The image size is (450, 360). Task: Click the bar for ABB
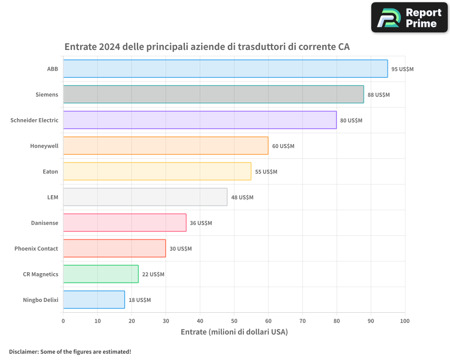(225, 69)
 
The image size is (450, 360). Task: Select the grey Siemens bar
(213, 94)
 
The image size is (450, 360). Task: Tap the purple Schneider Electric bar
(200, 120)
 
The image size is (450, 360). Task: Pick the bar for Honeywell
(166, 146)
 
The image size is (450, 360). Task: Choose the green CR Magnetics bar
(101, 274)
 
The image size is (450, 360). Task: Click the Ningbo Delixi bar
(94, 300)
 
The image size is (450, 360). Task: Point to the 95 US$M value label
(402, 69)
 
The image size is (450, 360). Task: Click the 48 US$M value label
(242, 198)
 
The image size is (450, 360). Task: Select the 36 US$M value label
(201, 223)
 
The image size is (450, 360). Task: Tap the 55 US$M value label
(266, 172)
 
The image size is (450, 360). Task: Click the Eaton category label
(50, 171)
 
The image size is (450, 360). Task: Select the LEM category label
(53, 197)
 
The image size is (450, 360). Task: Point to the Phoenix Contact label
(36, 248)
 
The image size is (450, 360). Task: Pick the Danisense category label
(45, 223)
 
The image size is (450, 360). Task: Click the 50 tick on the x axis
(234, 321)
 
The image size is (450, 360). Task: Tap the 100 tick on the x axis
(405, 321)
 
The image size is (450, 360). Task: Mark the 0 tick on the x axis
(63, 321)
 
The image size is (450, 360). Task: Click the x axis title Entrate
(234, 332)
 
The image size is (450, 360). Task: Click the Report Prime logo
(409, 18)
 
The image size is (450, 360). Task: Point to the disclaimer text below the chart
(70, 351)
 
